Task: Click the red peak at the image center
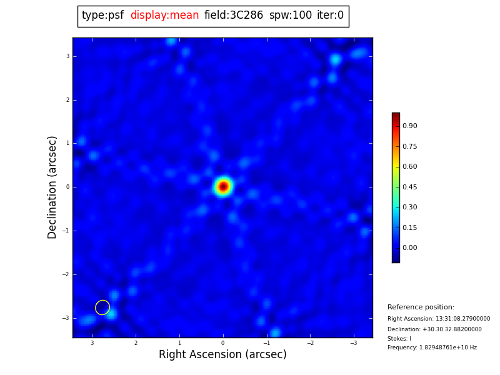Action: click(223, 186)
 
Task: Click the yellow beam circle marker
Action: click(102, 307)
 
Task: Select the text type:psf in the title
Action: click(102, 16)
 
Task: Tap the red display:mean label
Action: click(164, 16)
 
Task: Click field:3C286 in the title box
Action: click(234, 16)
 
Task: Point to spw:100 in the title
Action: click(290, 16)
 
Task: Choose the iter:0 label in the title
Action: click(330, 16)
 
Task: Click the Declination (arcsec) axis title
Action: click(52, 187)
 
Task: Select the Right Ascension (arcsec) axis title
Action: click(222, 355)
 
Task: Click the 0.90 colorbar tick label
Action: click(410, 126)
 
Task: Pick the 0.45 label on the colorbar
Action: click(410, 187)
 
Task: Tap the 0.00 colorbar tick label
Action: click(410, 248)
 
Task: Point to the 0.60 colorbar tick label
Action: click(410, 167)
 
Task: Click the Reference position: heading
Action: click(421, 307)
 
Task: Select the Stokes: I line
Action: click(399, 339)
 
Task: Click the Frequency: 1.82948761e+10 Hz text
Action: click(432, 347)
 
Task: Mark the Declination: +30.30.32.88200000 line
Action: click(434, 329)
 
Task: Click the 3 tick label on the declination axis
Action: click(67, 56)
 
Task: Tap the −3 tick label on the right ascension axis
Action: click(353, 343)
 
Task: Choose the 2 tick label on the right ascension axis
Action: click(136, 343)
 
